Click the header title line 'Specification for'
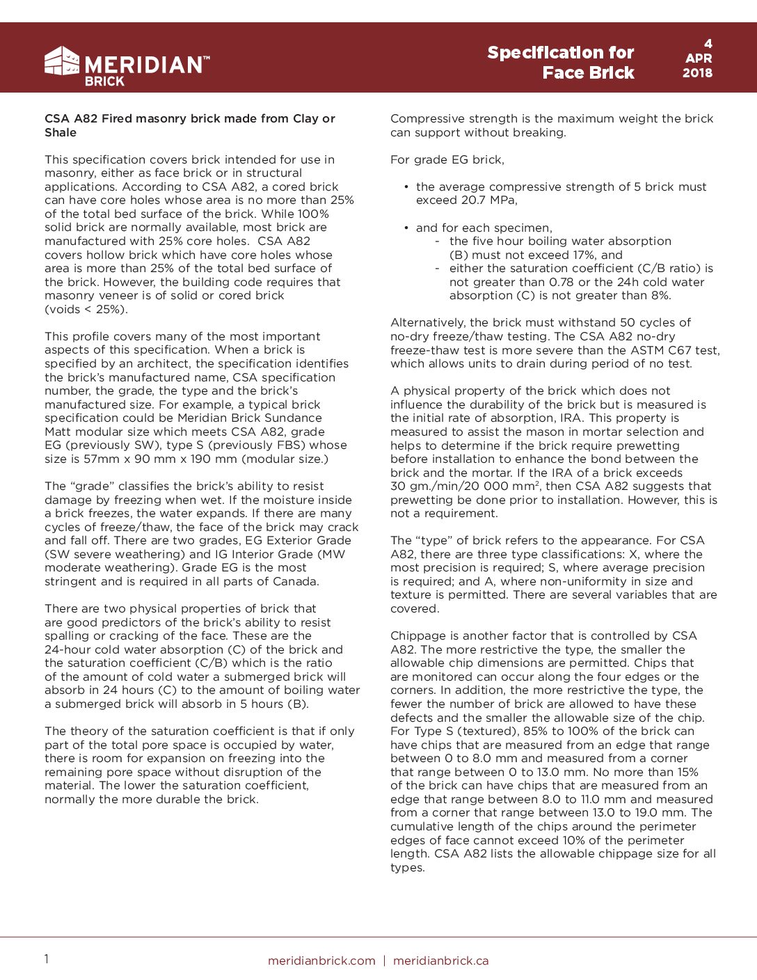[x=560, y=53]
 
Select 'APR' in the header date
[x=698, y=58]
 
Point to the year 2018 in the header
[x=697, y=72]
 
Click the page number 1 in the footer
[x=47, y=959]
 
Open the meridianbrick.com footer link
[x=321, y=961]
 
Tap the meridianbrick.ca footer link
[x=440, y=961]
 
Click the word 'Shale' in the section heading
[x=61, y=132]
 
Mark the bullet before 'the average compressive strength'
[x=406, y=187]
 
